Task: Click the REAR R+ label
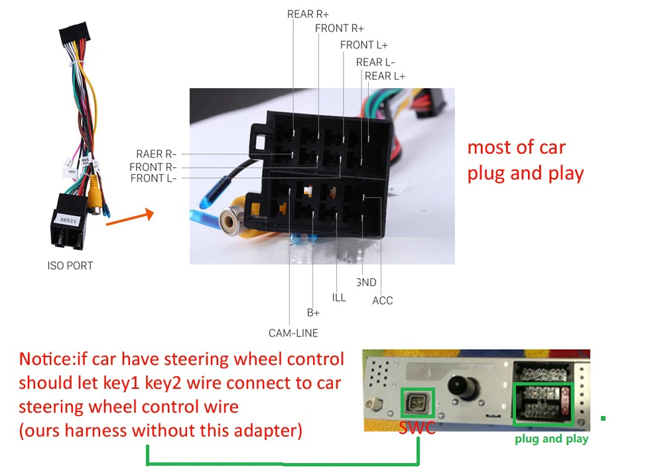click(x=308, y=14)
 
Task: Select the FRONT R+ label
click(x=340, y=28)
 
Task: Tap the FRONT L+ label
click(x=365, y=45)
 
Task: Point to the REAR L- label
click(x=375, y=62)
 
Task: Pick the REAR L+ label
click(x=385, y=76)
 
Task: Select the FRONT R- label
click(x=153, y=167)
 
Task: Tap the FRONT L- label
click(x=153, y=178)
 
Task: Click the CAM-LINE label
click(x=293, y=333)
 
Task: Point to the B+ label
click(x=313, y=312)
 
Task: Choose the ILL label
click(x=339, y=298)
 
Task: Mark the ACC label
click(x=382, y=301)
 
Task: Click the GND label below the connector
click(x=366, y=283)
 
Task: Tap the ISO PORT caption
click(x=70, y=266)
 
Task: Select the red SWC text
click(x=417, y=428)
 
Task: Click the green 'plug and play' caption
click(x=551, y=439)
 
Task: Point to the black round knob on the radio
click(x=459, y=388)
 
